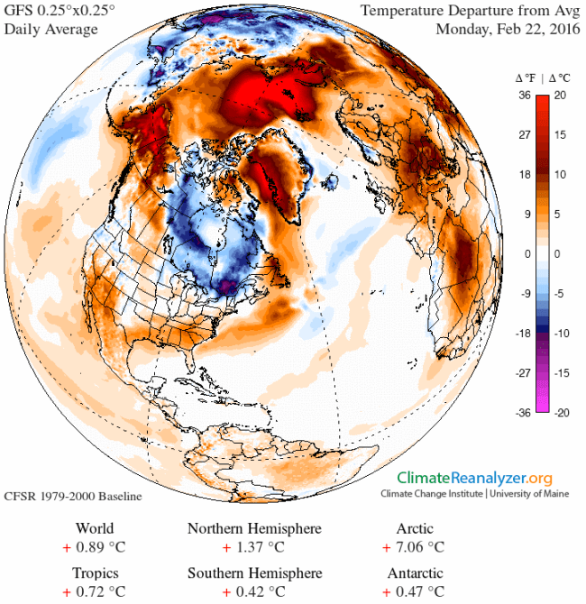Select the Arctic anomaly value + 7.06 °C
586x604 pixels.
pos(413,546)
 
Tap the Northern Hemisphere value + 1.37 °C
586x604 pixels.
pos(253,546)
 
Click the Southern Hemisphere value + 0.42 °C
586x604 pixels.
pos(253,591)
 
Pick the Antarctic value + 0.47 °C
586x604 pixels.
pos(413,591)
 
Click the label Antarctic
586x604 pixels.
pos(414,573)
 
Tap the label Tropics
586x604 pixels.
pos(96,573)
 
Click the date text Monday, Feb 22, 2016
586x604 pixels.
pos(507,28)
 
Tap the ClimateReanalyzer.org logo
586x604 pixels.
pos(475,478)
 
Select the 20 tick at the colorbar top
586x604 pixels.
pos(559,95)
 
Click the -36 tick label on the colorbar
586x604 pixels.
pos(521,411)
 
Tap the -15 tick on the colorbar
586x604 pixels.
pos(560,371)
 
